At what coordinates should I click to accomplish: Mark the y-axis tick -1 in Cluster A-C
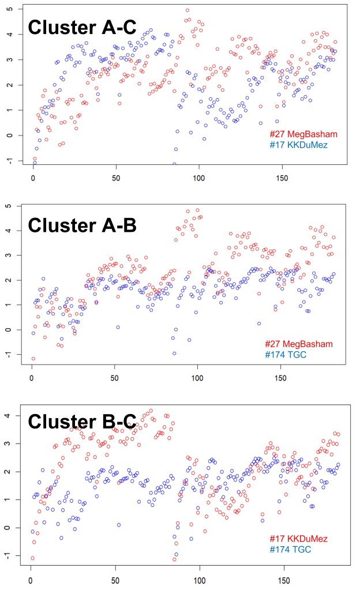[9, 160]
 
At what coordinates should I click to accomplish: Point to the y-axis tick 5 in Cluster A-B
[10, 206]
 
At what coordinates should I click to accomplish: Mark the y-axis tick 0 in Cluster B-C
[10, 527]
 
